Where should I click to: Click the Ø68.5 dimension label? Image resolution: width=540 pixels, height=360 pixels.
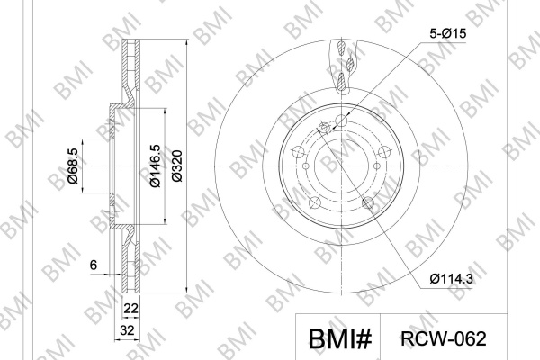click(x=73, y=166)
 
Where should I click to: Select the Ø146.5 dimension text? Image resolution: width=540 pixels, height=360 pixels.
click(x=155, y=166)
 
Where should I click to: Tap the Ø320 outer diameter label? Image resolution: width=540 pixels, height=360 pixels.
click(x=177, y=166)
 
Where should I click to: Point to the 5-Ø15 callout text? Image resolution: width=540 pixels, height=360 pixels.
click(x=447, y=33)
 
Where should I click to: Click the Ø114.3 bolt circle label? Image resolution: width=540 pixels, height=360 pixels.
click(x=452, y=278)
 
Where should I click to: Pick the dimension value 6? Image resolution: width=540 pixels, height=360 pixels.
click(x=94, y=265)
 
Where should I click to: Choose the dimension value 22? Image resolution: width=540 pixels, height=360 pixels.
click(x=130, y=308)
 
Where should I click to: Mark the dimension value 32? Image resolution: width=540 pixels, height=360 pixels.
click(x=127, y=330)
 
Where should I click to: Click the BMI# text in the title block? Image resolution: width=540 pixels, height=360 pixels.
click(x=340, y=339)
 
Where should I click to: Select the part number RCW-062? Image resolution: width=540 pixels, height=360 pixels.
click(x=444, y=338)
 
